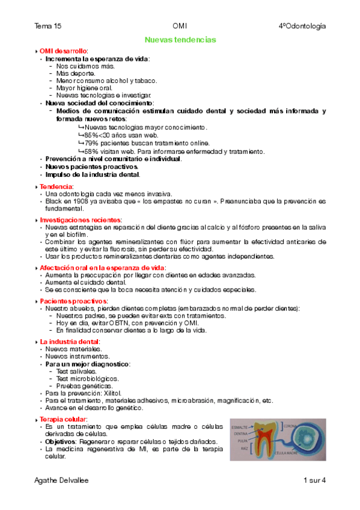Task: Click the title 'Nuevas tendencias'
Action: coord(180,39)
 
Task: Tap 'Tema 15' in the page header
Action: coord(48,26)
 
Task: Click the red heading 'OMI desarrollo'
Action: coord(63,51)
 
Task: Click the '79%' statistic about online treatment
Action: coord(91,143)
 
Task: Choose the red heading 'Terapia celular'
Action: coord(63,419)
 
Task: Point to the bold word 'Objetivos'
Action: coord(61,441)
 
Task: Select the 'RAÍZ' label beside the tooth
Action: coord(243,447)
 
